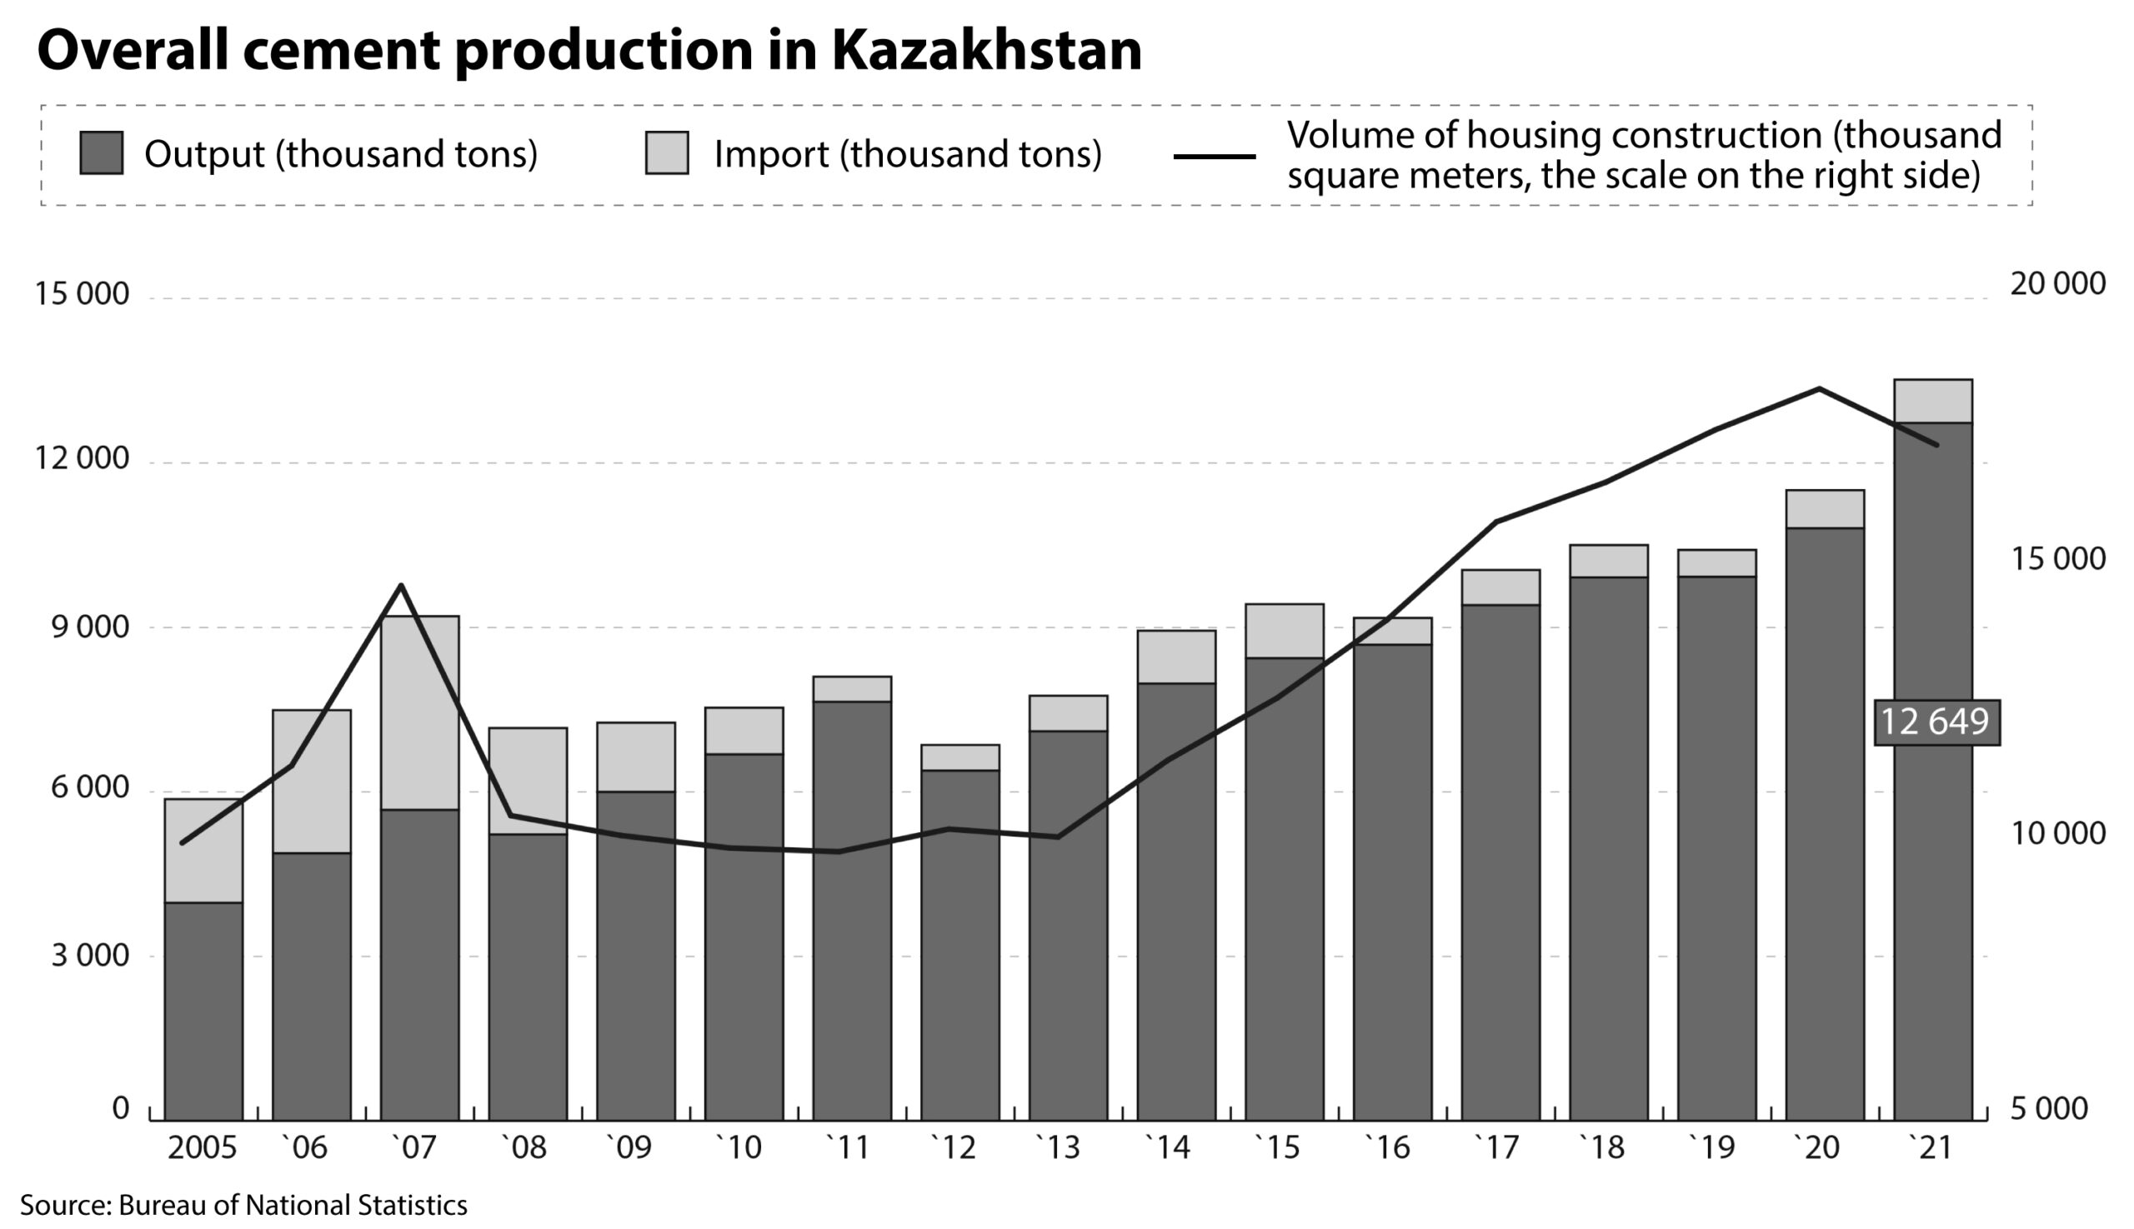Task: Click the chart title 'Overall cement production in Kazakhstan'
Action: [x=589, y=51]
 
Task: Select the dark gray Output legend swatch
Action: [x=102, y=152]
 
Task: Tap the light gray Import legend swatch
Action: [x=666, y=152]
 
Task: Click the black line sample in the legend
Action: [x=1215, y=156]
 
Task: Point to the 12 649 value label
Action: [x=1936, y=722]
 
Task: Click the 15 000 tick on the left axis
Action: [x=82, y=294]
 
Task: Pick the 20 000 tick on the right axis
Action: [x=2058, y=283]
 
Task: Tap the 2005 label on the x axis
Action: [x=203, y=1148]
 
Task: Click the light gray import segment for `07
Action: [x=419, y=712]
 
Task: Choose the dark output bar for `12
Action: [x=960, y=946]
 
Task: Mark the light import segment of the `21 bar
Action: [x=1933, y=401]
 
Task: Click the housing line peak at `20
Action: [x=1818, y=388]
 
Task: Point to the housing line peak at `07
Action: [x=402, y=584]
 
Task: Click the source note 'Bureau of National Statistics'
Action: [x=293, y=1206]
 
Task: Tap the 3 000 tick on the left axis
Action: [x=90, y=956]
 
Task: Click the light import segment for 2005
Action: [x=203, y=851]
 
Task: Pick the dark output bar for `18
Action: [x=1609, y=849]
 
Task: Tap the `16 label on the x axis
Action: [x=1387, y=1148]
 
